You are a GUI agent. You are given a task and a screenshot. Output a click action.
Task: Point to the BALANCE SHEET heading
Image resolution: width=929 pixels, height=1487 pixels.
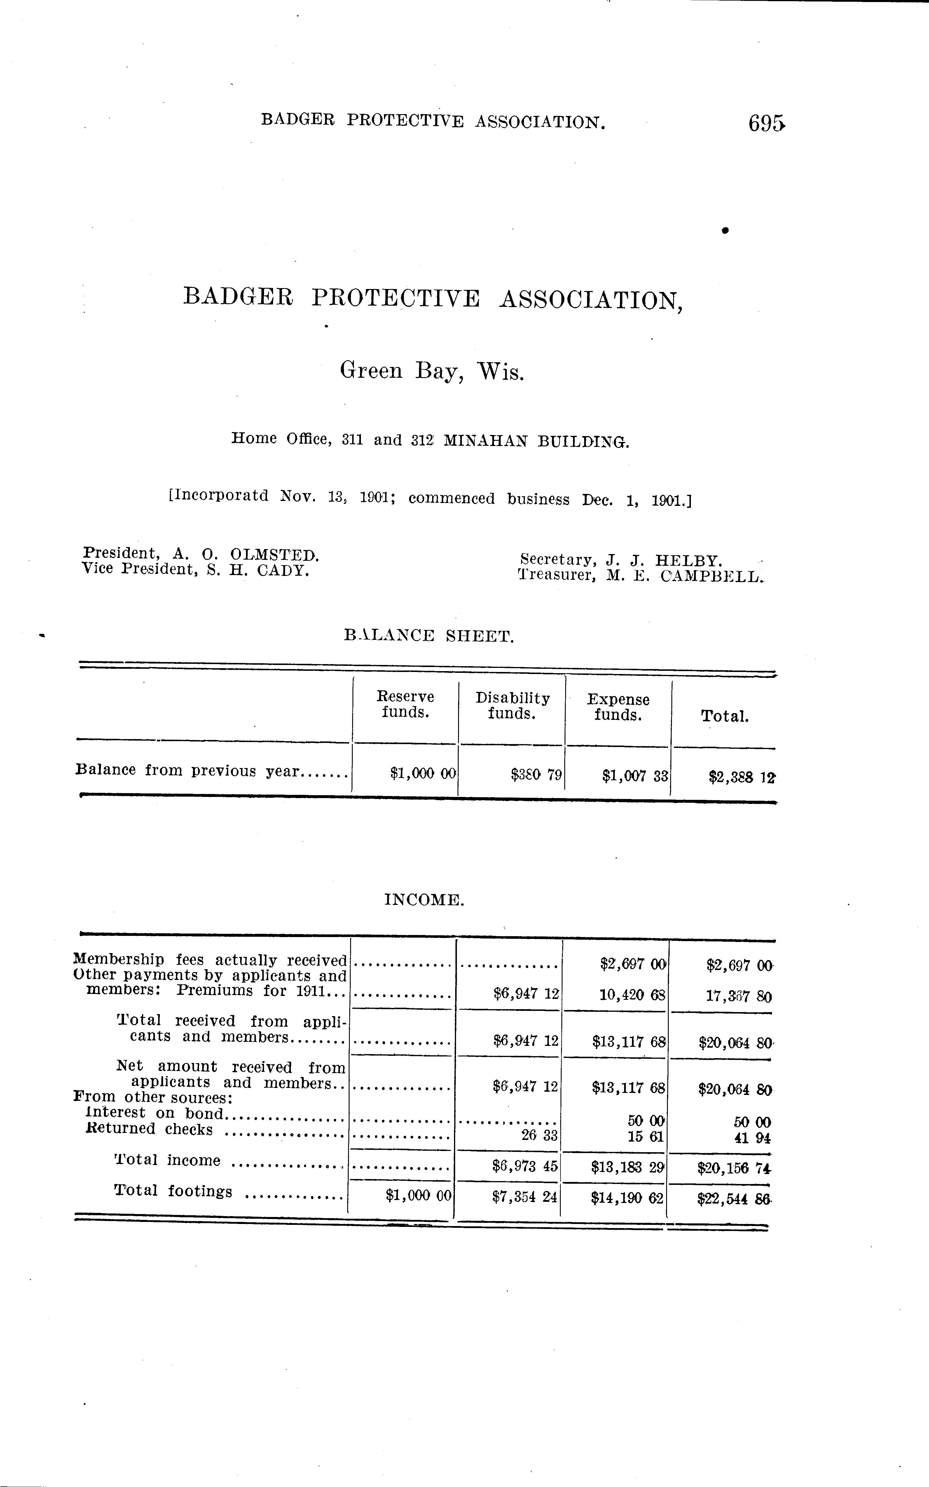click(429, 635)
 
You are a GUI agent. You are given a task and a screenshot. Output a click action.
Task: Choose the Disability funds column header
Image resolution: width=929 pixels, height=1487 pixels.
click(512, 706)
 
